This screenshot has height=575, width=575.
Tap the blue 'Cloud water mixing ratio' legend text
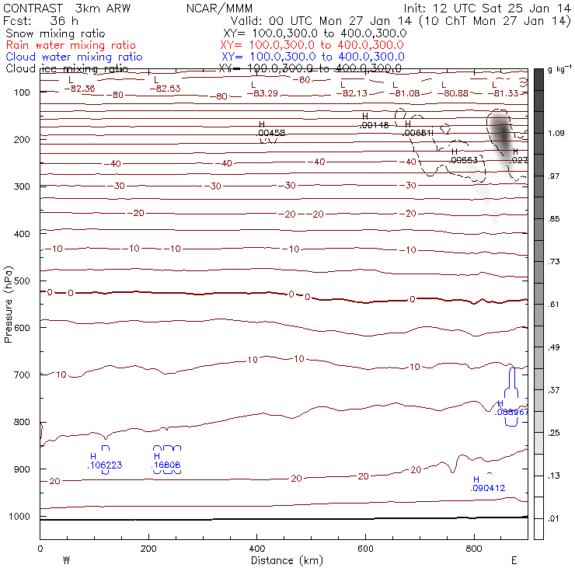click(74, 57)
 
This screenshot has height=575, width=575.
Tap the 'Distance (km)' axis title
click(283, 560)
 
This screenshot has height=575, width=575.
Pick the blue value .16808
click(167, 465)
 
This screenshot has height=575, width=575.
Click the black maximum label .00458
click(271, 134)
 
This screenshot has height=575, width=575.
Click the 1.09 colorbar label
click(556, 134)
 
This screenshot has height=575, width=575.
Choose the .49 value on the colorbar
click(555, 347)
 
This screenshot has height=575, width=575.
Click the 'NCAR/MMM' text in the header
click(220, 7)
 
